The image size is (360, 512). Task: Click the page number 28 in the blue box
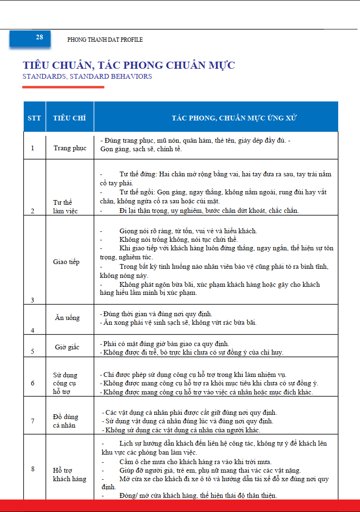click(39, 37)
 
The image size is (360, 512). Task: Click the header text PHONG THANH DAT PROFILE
click(105, 40)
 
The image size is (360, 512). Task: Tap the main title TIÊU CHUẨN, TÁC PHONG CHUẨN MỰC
click(129, 65)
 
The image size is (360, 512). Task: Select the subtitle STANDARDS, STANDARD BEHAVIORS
click(87, 76)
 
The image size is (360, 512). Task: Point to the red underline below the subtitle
click(63, 87)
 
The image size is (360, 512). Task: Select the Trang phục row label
click(70, 148)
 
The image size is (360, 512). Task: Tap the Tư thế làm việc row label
click(65, 207)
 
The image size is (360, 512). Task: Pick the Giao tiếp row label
click(66, 262)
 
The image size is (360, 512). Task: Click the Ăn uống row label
click(67, 318)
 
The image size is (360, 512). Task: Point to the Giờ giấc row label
click(67, 347)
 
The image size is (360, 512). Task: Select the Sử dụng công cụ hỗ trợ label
click(65, 384)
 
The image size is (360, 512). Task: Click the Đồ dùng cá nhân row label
click(65, 421)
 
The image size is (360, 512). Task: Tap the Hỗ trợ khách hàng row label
click(69, 475)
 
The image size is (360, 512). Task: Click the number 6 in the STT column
click(33, 383)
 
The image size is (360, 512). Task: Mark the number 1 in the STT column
click(33, 148)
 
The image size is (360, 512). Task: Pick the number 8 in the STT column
click(33, 469)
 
